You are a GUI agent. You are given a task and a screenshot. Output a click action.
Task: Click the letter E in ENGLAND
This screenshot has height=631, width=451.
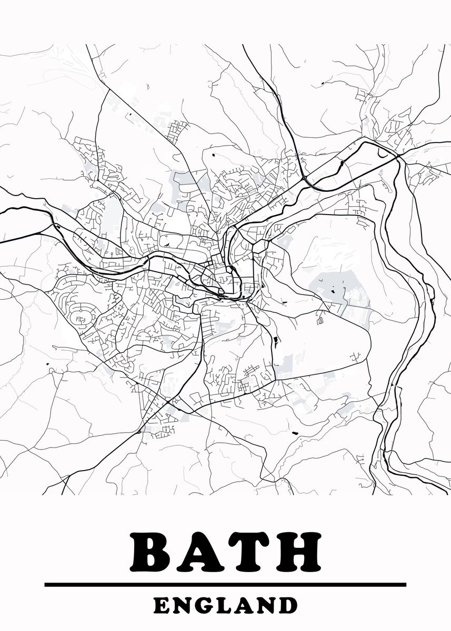point(163,605)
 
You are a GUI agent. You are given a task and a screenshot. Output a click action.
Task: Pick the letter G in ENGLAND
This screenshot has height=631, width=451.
point(207,605)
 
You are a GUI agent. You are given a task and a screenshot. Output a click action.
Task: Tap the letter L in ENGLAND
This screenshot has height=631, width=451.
point(228,605)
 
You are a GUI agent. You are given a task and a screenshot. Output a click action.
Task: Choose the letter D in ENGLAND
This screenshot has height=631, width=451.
point(287,605)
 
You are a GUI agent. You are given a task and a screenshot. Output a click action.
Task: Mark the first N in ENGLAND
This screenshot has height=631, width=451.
point(184,605)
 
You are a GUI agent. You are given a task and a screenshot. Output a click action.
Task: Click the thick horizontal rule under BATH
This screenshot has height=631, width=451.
point(225,584)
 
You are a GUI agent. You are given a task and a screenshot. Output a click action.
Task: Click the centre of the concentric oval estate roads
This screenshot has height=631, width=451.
point(82,318)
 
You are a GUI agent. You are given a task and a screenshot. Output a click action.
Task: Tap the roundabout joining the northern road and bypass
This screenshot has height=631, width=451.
point(305,179)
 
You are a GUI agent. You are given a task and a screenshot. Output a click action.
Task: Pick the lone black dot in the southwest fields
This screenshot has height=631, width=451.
point(47,364)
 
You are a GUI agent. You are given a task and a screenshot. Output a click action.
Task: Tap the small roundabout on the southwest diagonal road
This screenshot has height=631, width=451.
point(139,432)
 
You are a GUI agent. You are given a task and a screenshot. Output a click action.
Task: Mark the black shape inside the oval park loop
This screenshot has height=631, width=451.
point(166,245)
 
